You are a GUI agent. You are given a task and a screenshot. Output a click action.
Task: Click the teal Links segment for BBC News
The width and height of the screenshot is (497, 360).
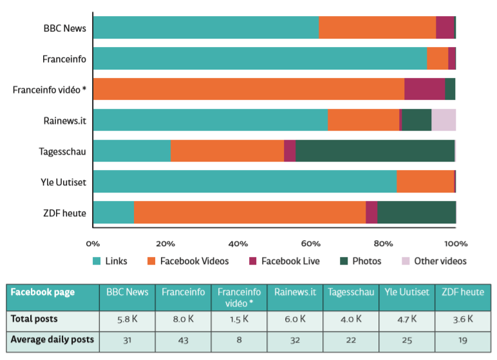tap(206, 28)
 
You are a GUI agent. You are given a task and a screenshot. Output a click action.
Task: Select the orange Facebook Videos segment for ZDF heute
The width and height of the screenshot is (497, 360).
tap(249, 213)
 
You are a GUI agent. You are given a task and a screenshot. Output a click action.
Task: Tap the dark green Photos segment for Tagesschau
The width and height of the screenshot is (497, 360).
tap(375, 151)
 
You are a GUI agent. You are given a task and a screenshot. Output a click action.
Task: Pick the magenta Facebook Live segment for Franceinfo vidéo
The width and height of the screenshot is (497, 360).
tap(424, 89)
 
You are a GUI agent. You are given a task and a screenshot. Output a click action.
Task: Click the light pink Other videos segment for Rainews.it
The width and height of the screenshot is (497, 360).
tap(444, 120)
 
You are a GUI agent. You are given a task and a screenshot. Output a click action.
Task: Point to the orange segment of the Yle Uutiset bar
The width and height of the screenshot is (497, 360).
tap(425, 182)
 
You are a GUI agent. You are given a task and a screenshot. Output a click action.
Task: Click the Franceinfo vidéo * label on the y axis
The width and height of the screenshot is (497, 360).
tap(50, 90)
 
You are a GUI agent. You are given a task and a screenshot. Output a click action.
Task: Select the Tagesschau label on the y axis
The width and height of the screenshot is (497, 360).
tap(62, 151)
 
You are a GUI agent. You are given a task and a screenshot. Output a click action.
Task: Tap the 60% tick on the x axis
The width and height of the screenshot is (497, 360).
tap(311, 243)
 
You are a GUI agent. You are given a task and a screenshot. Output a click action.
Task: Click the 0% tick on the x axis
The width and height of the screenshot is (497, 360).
tap(93, 243)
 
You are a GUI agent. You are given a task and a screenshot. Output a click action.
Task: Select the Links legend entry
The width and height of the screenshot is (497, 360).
tap(110, 261)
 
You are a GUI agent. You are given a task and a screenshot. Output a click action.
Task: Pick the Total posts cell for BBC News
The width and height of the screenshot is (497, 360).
tap(127, 318)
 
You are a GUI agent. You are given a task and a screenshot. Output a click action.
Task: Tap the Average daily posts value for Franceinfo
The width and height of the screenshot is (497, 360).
tap(183, 339)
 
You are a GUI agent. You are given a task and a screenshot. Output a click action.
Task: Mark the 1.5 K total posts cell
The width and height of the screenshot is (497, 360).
tap(239, 318)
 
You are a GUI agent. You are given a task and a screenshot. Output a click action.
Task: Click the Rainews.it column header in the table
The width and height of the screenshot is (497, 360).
tap(295, 292)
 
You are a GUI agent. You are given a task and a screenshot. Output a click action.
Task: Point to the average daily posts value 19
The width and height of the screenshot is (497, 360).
tap(463, 339)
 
